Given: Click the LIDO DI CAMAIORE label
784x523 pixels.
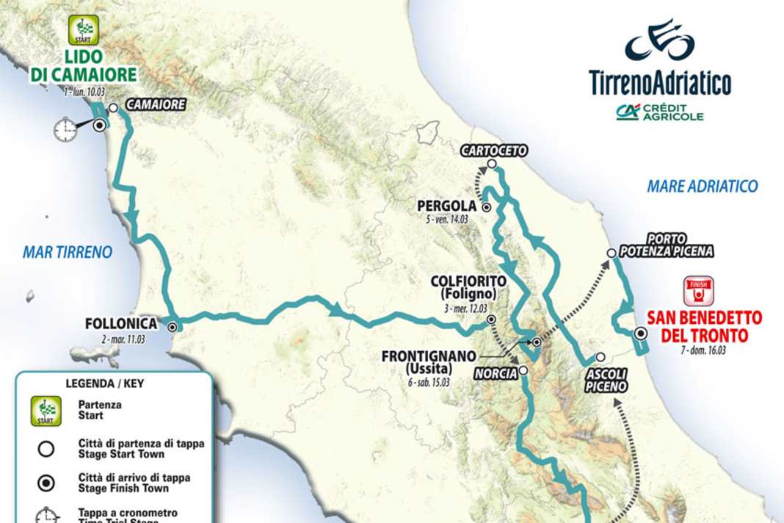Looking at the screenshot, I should coord(84,65).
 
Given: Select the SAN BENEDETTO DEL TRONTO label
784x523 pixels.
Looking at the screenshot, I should coord(704,327).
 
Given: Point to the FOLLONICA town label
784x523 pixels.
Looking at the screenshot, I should coord(120,323).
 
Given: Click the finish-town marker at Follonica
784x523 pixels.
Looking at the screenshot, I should coord(173,328).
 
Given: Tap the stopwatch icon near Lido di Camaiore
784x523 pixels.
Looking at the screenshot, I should coord(65,130).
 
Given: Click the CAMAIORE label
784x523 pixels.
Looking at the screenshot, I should coord(156,105).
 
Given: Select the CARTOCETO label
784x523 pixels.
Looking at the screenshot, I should coord(494,151).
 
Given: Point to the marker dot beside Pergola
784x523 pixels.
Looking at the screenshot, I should coord(486,207).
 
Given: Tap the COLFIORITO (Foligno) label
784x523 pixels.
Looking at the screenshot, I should coord(469,287).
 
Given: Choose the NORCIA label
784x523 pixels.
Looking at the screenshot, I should coord(496,373).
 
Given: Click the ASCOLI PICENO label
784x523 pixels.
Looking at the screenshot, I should coord(606,380).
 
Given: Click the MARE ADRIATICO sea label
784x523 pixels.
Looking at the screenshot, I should coord(702,187).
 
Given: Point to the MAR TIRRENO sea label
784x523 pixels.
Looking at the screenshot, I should coord(68,252).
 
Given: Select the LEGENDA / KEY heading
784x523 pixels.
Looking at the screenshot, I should coord(114,383).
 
